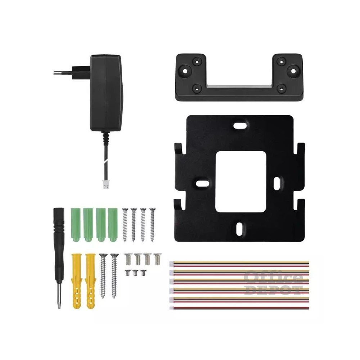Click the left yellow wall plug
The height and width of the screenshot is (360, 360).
tap(77, 280)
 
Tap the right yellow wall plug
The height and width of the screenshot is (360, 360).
tap(90, 280)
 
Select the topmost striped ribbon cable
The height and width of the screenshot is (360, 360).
tap(239, 263)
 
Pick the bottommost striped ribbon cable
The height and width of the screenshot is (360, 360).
tap(239, 308)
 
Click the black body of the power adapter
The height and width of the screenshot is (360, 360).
tap(105, 94)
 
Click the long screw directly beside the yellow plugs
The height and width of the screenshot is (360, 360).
tap(103, 275)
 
